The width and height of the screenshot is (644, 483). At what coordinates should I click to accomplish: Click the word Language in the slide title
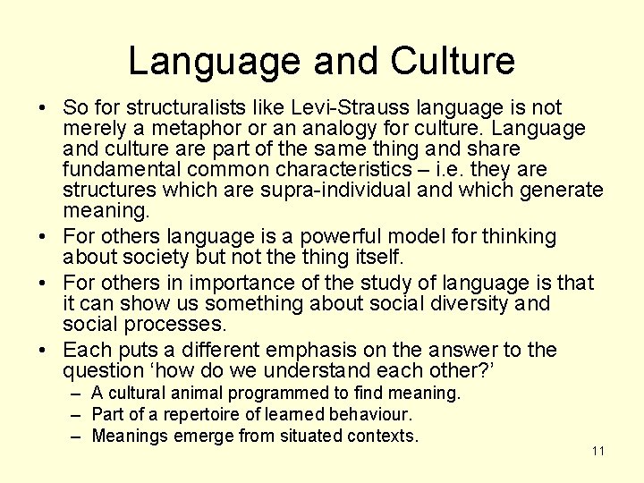(216, 61)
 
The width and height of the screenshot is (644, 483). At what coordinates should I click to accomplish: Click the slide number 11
(598, 451)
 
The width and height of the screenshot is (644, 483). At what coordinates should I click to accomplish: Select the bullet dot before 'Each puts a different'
(42, 351)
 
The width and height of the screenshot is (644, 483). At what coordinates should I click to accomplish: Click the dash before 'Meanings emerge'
(80, 436)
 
